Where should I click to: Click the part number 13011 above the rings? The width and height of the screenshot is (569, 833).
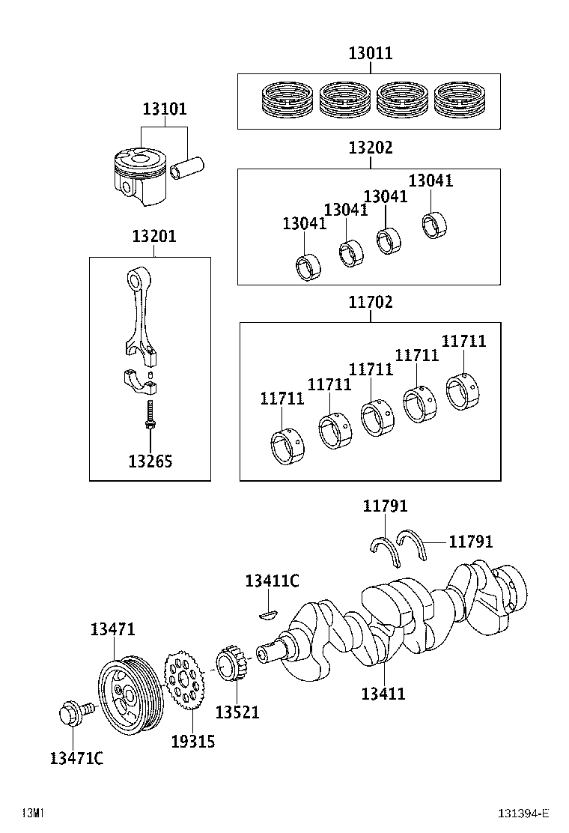click(x=370, y=53)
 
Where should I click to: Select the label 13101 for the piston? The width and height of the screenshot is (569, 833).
click(x=165, y=109)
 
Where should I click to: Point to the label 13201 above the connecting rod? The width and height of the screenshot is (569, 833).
click(x=153, y=237)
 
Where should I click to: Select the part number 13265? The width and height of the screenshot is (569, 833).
click(x=150, y=461)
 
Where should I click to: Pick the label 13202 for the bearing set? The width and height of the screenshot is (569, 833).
click(x=370, y=148)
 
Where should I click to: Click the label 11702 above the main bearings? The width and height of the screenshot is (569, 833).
click(x=370, y=303)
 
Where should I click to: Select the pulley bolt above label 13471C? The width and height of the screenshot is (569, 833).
click(x=73, y=713)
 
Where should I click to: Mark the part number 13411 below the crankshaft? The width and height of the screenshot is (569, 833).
click(x=383, y=694)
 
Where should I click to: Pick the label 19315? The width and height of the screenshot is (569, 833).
click(x=192, y=741)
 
